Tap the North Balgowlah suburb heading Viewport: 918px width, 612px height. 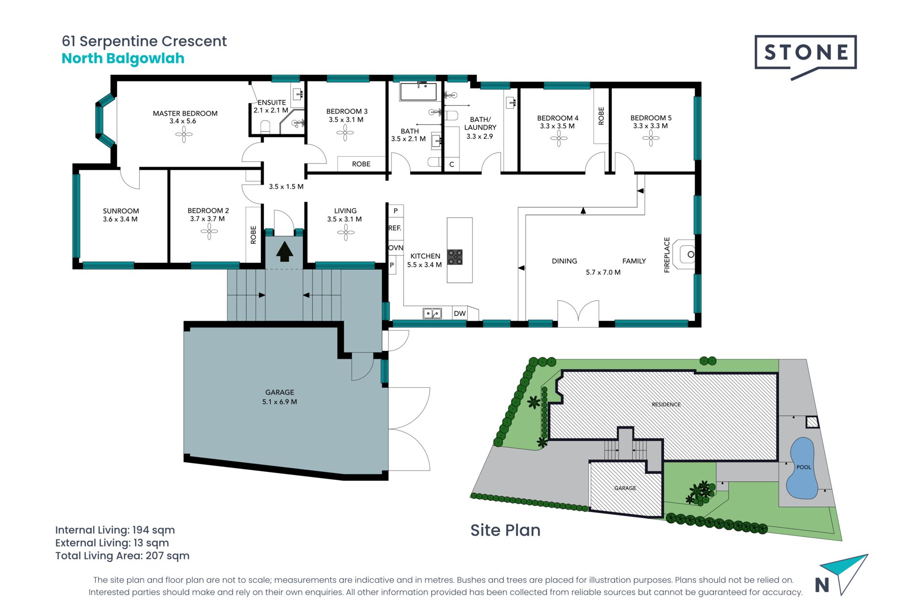[123, 58]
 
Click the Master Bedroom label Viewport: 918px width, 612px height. [185, 113]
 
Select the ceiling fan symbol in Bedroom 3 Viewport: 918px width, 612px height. [345, 133]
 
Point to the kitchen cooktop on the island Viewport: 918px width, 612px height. [455, 257]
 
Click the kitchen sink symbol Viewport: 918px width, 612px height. [432, 314]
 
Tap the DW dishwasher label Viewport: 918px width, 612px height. [459, 314]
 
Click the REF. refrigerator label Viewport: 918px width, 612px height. [394, 228]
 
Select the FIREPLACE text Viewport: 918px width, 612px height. [667, 255]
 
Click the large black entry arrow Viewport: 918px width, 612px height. [284, 251]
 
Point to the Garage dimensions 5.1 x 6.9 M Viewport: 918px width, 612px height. [280, 402]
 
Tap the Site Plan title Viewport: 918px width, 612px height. [505, 530]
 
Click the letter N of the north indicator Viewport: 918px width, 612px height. [822, 585]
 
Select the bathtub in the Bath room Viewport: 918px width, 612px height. [418, 92]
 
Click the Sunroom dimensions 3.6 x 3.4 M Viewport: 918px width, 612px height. [120, 219]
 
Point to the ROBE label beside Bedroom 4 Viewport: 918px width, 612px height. [601, 116]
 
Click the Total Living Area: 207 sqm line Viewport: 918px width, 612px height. [122, 556]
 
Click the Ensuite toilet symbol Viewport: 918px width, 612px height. [265, 127]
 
